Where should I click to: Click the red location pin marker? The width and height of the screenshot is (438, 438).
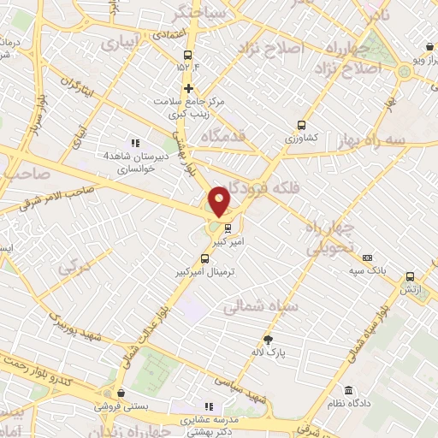pos(219,200)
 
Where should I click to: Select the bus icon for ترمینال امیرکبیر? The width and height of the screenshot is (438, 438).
pos(204,258)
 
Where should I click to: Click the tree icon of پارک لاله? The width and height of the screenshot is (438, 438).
pos(268,339)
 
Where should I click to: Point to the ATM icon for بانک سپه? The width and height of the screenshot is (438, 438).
pos(367,257)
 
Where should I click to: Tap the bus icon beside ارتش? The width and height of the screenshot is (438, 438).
pos(410,276)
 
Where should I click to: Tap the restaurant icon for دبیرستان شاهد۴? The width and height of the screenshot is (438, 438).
pos(133,143)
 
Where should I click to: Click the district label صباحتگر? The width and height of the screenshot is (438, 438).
pos(198,13)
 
